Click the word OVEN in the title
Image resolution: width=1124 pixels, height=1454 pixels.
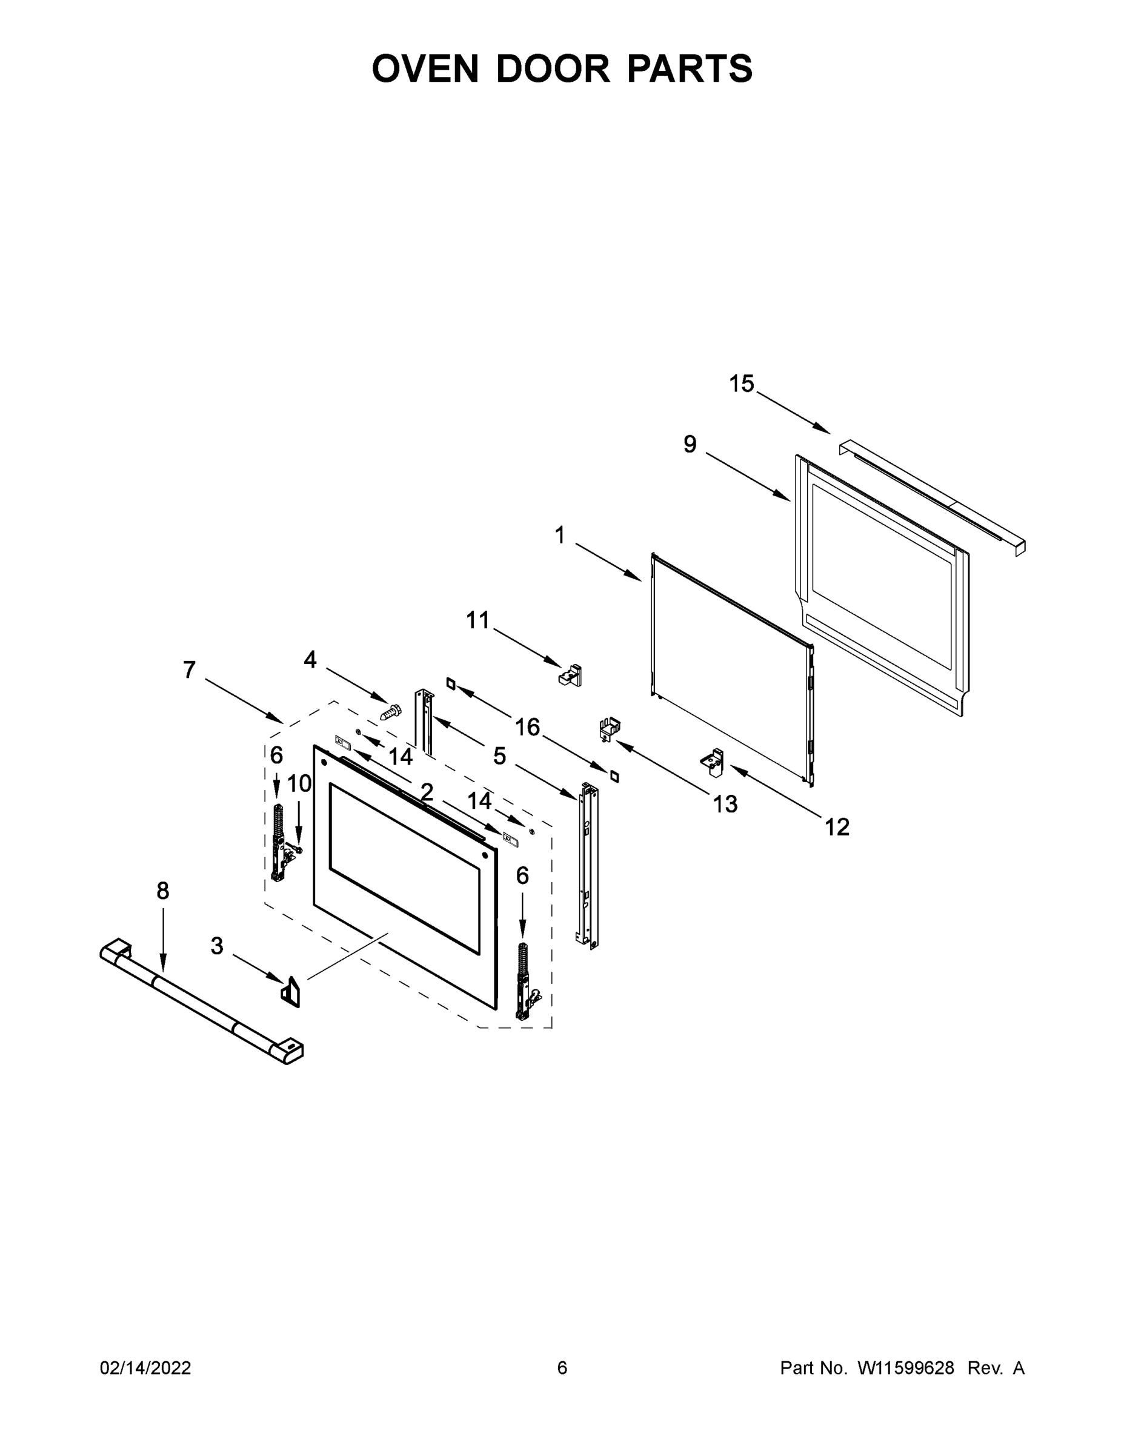(425, 68)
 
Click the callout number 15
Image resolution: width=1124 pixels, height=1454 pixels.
(741, 384)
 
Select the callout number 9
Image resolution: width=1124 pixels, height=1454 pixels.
(690, 444)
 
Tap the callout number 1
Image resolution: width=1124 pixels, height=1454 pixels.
(559, 534)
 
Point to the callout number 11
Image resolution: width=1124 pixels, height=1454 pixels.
(477, 620)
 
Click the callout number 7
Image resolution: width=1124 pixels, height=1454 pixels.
(190, 669)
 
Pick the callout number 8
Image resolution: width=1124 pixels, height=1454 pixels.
(163, 891)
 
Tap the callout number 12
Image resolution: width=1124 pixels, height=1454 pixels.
(837, 828)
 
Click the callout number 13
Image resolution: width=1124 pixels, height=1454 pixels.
(725, 804)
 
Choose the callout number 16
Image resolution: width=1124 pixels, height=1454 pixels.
(527, 727)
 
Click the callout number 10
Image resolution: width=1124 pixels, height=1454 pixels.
(299, 783)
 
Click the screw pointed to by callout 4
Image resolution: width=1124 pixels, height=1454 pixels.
(391, 711)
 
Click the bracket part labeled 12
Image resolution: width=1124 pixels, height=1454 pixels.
(713, 763)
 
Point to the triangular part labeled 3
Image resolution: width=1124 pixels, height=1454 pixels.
(290, 991)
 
